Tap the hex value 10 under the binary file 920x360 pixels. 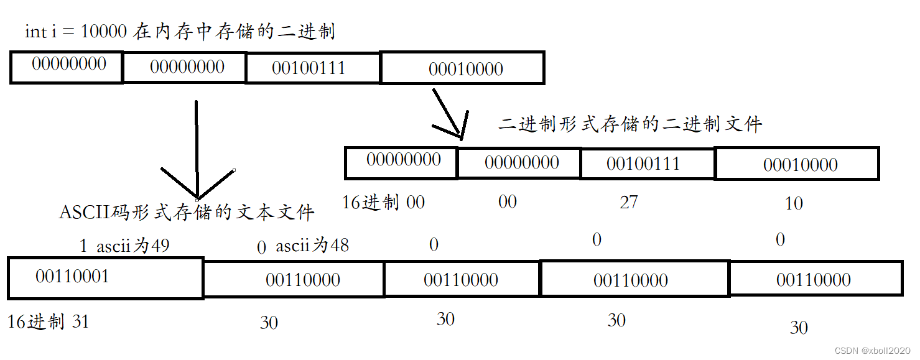pyautogui.click(x=794, y=203)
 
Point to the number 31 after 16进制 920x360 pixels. pyautogui.click(x=81, y=321)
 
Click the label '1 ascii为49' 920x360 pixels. pyautogui.click(x=124, y=246)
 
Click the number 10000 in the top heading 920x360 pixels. pyautogui.click(x=104, y=32)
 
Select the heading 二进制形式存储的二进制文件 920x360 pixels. pyautogui.click(x=630, y=124)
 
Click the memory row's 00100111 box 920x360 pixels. pyautogui.click(x=312, y=68)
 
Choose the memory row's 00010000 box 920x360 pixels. pyautogui.click(x=463, y=68)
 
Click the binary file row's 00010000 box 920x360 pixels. pyautogui.click(x=797, y=164)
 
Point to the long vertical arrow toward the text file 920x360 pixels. pyautogui.click(x=197, y=149)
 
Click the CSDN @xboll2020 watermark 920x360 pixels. pyautogui.click(x=873, y=351)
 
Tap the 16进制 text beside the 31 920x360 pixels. pyautogui.click(x=36, y=321)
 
